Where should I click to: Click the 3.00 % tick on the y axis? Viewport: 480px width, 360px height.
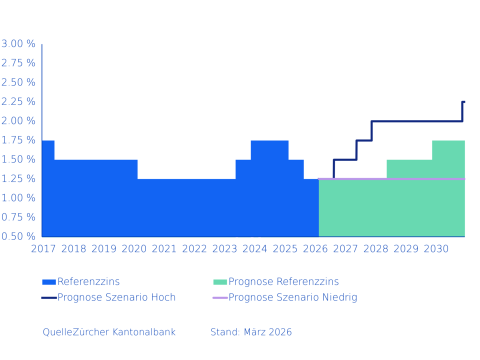point(18,44)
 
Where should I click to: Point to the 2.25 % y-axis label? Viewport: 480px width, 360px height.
point(18,101)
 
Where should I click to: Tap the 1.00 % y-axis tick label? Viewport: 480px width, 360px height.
point(18,198)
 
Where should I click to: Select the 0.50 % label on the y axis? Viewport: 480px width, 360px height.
point(18,236)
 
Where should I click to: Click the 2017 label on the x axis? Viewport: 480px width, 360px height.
point(43,249)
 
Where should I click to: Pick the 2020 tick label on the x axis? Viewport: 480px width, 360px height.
point(134,249)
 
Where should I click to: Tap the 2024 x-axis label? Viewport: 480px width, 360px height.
point(255,249)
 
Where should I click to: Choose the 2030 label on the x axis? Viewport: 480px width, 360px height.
point(436,249)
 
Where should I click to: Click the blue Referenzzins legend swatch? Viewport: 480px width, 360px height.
point(49,282)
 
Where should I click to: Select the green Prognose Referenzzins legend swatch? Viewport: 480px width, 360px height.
point(220,282)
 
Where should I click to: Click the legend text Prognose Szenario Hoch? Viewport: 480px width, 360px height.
point(116,297)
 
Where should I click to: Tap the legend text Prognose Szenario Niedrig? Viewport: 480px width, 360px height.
point(292,297)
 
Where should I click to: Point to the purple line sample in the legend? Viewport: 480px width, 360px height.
point(220,297)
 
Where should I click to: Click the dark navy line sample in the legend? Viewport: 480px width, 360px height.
point(49,297)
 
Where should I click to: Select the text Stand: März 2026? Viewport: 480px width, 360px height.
point(251,332)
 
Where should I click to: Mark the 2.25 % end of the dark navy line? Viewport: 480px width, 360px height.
point(463,102)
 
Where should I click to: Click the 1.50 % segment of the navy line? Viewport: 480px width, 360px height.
point(345,159)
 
